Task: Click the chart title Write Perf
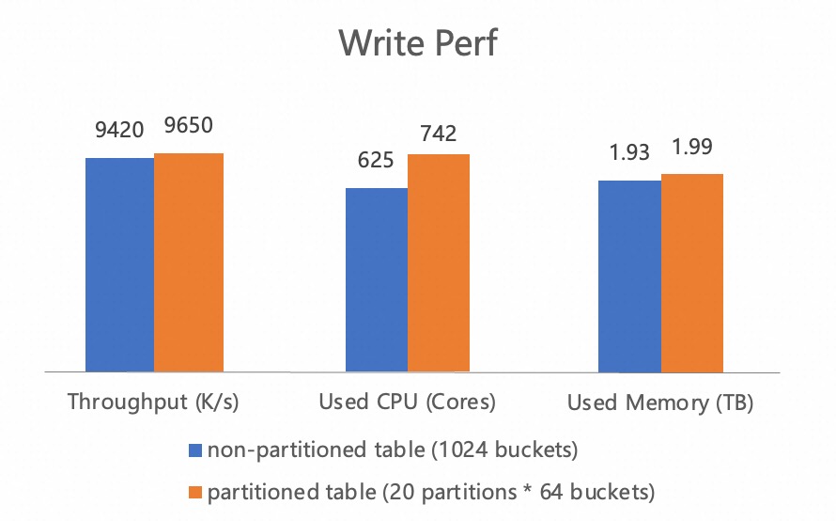pos(417,42)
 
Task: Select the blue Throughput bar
pos(119,264)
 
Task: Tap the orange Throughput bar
pos(189,262)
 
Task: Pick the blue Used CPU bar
pos(377,279)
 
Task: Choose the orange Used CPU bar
pos(439,262)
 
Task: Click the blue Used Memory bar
pos(629,276)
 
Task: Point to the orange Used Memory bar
pos(692,273)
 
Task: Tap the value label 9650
pos(189,126)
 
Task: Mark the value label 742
pos(439,133)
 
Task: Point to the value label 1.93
pos(629,153)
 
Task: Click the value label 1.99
pos(692,147)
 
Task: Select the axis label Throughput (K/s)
pos(154,403)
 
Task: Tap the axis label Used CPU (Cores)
pos(407,403)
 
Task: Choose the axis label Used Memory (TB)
pos(660,403)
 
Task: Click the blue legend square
pos(195,450)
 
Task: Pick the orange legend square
pos(195,491)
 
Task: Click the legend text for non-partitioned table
pos(392,450)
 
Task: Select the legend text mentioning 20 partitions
pos(430,491)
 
